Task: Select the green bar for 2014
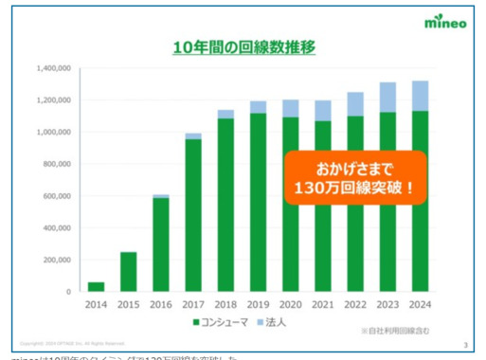(x=97, y=286)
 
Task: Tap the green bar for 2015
(x=129, y=272)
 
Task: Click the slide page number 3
(x=464, y=343)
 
